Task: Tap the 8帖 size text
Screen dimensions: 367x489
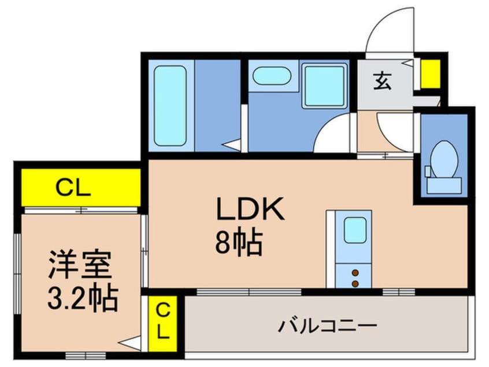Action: [239, 243]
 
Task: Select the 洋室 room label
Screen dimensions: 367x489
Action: [79, 267]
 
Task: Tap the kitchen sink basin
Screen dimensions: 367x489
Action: [355, 230]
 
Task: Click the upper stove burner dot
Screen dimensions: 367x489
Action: [355, 272]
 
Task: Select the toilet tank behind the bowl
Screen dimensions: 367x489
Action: [444, 185]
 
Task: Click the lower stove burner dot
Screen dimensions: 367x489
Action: [355, 282]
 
